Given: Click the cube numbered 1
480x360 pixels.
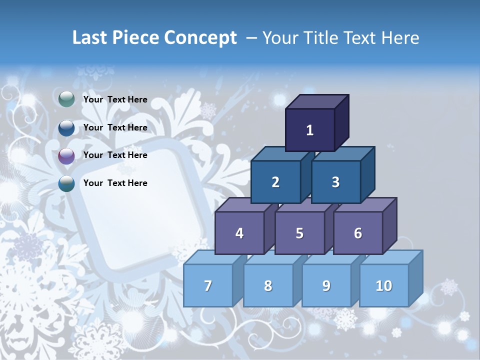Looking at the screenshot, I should (310, 130).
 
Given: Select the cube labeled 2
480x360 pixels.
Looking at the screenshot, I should (275, 182).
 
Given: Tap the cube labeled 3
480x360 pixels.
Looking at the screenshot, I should (335, 182).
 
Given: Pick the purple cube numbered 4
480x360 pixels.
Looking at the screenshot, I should (239, 233).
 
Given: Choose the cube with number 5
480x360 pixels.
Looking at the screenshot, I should (299, 233).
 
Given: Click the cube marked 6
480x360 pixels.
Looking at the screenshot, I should (358, 233).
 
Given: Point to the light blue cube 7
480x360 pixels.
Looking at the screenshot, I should (208, 285).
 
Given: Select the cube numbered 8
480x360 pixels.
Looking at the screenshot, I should (268, 285).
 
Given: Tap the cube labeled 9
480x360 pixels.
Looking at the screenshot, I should (326, 285).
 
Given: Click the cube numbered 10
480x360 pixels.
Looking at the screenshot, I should (384, 285).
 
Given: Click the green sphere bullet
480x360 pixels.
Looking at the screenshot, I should (66, 99).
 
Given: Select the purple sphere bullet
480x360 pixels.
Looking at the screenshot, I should (66, 156).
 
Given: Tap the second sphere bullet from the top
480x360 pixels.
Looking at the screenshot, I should (66, 128).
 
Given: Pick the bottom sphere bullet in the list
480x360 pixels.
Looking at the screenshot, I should (66, 183).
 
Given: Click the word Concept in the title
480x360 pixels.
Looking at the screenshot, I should (200, 38).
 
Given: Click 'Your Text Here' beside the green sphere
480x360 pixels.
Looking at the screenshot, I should (115, 99).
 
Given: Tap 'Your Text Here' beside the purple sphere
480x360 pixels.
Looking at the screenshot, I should (115, 155).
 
